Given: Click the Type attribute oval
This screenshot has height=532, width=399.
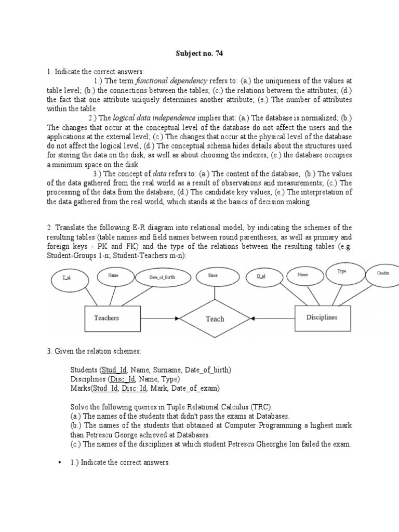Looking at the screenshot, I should click(342, 272).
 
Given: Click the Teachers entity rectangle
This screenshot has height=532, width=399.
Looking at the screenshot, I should click(107, 317).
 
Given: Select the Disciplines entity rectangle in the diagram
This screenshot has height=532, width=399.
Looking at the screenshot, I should click(322, 317).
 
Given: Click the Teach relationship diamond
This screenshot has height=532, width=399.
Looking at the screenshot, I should click(215, 319).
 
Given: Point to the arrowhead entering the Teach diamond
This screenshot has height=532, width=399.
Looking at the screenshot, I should click(178, 318).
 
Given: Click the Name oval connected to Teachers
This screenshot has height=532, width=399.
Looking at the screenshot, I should click(113, 276).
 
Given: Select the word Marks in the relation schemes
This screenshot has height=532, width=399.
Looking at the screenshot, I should click(80, 388).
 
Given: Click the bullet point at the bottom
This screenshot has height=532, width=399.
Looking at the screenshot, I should click(61, 462).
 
